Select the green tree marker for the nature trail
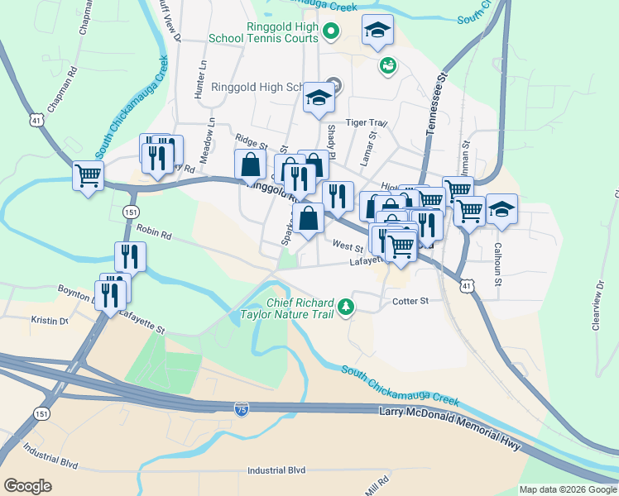[346, 308]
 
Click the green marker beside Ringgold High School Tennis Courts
[331, 32]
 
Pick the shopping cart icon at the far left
[89, 174]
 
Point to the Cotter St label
[410, 302]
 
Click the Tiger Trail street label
[367, 122]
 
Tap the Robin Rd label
[153, 235]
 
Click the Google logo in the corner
[28, 486]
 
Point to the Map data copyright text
[568, 489]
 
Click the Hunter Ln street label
[199, 80]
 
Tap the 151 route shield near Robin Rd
[131, 212]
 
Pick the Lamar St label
[371, 145]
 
